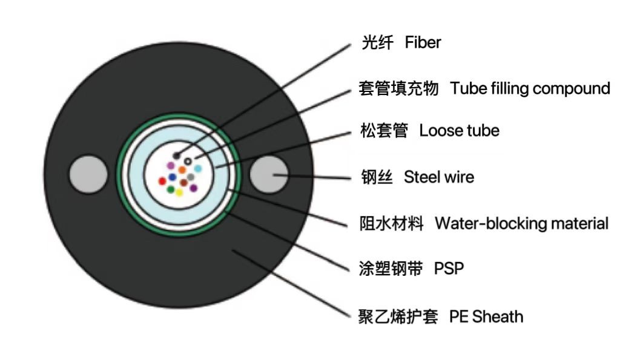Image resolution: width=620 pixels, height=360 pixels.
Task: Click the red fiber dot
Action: point(162,181)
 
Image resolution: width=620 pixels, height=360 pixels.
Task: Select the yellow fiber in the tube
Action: point(179,192)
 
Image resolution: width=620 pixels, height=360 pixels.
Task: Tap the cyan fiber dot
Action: point(198,168)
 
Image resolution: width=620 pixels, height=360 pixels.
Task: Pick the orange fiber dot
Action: point(182,170)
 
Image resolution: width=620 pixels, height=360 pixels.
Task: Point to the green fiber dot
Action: point(171,189)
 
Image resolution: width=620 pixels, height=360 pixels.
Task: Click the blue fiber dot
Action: point(173,177)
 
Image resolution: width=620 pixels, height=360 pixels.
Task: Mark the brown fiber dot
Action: point(183,182)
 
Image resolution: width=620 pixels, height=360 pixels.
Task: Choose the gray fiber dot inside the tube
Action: point(191,176)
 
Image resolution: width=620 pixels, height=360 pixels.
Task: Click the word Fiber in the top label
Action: point(423,43)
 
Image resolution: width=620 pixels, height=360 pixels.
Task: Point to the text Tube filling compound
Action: point(530,88)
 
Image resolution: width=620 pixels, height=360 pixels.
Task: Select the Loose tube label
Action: point(459,131)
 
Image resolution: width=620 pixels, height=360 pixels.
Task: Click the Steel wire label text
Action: point(439,177)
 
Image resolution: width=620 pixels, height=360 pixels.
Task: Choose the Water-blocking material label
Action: point(521,223)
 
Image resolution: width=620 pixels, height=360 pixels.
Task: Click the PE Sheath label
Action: point(486,316)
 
